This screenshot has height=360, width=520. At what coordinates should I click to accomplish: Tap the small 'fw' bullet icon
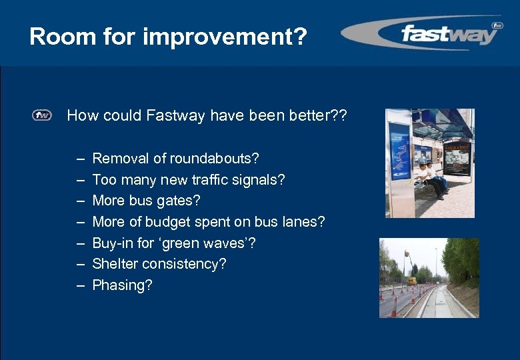pyautogui.click(x=41, y=116)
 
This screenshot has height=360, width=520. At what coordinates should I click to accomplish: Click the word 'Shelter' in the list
pyautogui.click(x=117, y=264)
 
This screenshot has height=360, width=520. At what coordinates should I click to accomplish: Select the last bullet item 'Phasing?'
pyautogui.click(x=122, y=285)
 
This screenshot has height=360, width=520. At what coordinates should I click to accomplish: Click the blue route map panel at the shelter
pyautogui.click(x=399, y=151)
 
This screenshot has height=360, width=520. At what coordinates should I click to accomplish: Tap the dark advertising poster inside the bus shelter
pyautogui.click(x=457, y=159)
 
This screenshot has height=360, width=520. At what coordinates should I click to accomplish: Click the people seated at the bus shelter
pyautogui.click(x=430, y=177)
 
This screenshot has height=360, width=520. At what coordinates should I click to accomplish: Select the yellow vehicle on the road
pyautogui.click(x=412, y=281)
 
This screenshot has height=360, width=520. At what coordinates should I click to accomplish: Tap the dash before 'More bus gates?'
pyautogui.click(x=80, y=201)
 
